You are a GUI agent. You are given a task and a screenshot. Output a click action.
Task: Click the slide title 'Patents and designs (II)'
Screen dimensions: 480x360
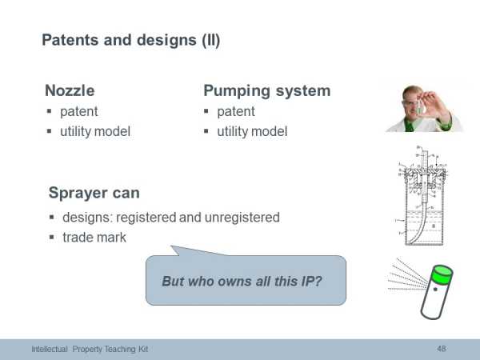click(x=130, y=41)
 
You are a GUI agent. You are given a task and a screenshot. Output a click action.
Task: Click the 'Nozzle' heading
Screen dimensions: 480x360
click(x=70, y=90)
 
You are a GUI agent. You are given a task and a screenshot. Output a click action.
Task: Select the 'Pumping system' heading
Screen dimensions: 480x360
click(x=267, y=91)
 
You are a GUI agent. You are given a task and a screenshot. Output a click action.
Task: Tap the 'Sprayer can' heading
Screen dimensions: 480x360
click(x=94, y=193)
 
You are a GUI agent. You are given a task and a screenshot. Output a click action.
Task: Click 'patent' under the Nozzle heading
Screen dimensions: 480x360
click(x=79, y=112)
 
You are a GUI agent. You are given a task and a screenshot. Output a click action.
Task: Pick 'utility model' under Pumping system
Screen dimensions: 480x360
click(x=252, y=132)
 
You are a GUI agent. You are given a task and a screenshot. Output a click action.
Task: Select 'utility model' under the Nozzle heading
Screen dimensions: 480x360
click(x=95, y=132)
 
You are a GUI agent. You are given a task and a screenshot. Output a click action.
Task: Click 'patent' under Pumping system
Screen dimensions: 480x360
click(x=236, y=112)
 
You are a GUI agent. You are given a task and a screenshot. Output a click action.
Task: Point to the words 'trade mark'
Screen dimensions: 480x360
click(x=94, y=238)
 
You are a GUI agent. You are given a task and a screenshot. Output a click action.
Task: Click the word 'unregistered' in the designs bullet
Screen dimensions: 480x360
click(x=242, y=218)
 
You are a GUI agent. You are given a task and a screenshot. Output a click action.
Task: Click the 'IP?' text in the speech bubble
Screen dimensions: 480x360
click(x=312, y=281)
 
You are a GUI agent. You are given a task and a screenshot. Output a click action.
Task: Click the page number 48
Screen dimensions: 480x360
click(x=442, y=348)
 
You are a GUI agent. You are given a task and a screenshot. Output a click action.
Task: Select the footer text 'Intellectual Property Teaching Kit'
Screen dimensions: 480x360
click(x=90, y=349)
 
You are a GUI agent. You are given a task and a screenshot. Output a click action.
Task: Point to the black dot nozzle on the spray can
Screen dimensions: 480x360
click(x=435, y=290)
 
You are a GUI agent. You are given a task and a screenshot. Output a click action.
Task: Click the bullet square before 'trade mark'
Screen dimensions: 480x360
click(x=52, y=238)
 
